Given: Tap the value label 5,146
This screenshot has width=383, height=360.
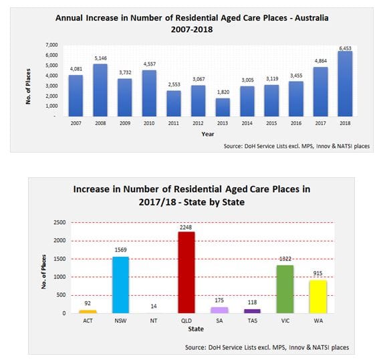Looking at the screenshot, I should [100, 58].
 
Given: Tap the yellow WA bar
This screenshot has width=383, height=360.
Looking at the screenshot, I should [317, 296].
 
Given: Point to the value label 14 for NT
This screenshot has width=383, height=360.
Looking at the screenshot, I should [154, 306].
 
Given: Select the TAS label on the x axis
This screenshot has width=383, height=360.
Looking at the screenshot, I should [251, 321].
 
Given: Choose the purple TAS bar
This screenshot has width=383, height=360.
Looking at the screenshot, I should [251, 310].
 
